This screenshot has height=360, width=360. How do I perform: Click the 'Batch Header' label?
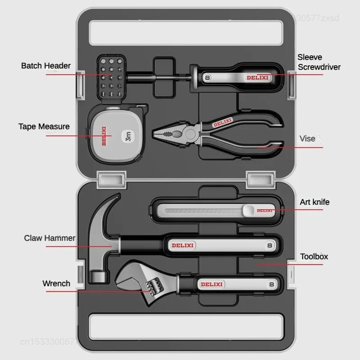[x=46, y=66]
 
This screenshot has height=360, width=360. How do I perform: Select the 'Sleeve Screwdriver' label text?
[x=319, y=62]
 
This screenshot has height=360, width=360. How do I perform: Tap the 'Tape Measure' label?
[x=44, y=126]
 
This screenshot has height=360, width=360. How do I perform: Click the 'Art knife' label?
[x=315, y=202]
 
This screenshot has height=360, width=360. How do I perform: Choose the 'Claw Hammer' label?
[x=50, y=238]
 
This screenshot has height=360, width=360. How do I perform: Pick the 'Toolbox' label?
[x=314, y=256]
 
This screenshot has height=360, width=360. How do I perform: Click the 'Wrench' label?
[x=56, y=283]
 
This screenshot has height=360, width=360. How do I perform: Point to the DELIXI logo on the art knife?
[x=265, y=210]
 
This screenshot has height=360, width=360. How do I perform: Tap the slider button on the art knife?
[x=249, y=210]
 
